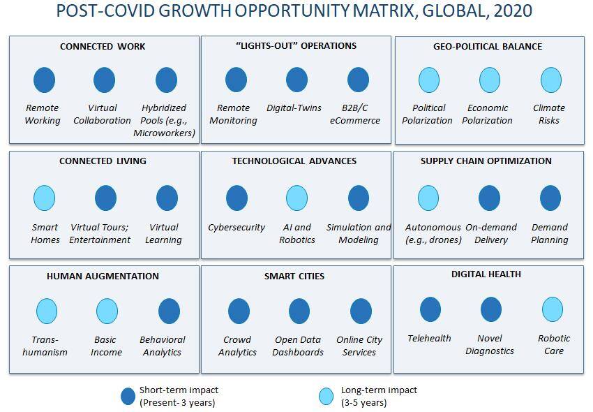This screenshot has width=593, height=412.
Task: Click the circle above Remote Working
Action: [44, 80]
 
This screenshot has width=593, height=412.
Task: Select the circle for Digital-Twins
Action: [297, 80]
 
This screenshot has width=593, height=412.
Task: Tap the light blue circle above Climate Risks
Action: [551, 80]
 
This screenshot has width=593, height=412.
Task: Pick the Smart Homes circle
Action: [44, 198]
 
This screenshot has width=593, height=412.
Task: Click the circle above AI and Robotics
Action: [297, 198]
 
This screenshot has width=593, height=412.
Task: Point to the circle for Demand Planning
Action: [550, 198]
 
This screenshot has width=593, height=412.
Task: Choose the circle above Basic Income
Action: [107, 311]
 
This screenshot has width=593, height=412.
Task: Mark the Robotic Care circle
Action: [553, 309]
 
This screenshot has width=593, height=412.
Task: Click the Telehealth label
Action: [429, 338]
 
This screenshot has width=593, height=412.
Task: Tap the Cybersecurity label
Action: [237, 227]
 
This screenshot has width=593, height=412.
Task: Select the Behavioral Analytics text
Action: [163, 346]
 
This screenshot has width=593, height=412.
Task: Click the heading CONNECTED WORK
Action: [103, 47]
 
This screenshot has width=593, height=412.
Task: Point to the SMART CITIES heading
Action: [294, 276]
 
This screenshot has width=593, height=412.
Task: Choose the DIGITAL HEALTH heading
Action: [486, 274]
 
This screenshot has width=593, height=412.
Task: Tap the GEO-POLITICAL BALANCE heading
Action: [488, 47]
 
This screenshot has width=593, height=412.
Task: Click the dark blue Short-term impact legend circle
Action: [128, 396]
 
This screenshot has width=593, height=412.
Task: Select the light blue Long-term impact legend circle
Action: [326, 396]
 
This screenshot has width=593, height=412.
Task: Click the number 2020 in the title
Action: [513, 10]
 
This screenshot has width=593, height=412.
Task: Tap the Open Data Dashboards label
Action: [298, 346]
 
